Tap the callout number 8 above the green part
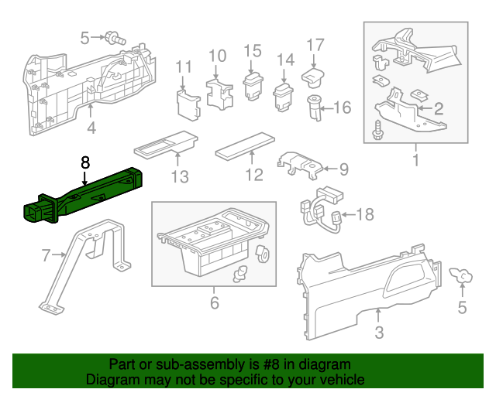(x=85, y=162)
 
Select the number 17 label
(x=315, y=44)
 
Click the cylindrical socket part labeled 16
(x=315, y=109)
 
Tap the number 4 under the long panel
(x=91, y=128)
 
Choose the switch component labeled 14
(x=284, y=96)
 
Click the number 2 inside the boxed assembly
(x=438, y=108)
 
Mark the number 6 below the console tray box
(x=215, y=302)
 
